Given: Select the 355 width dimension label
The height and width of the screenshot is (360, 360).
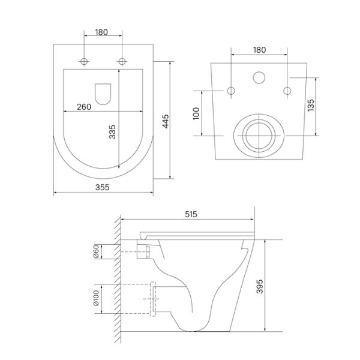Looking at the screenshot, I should [x=102, y=187].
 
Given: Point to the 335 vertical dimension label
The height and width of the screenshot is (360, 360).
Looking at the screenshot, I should [x=112, y=132].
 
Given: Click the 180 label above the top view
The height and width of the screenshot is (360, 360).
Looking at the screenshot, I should [x=101, y=32].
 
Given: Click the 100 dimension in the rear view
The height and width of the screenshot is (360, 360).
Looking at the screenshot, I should [x=196, y=114].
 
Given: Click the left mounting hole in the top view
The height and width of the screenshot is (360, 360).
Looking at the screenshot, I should [x=84, y=61].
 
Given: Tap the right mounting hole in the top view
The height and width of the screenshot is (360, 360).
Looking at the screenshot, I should [x=122, y=61].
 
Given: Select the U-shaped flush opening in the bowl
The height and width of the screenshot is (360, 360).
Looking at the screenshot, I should [x=103, y=93].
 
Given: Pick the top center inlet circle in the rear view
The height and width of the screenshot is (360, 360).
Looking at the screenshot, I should [x=259, y=77].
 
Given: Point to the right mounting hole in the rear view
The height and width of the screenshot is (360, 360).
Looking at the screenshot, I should [x=287, y=91].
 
